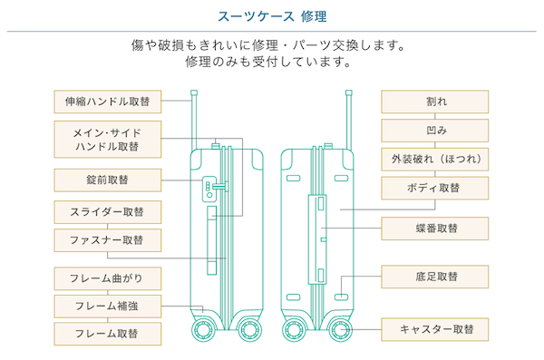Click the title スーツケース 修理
(272, 16)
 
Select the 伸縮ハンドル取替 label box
(108, 102)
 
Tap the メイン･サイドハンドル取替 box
(108, 140)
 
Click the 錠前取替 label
(108, 180)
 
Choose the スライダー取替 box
(108, 212)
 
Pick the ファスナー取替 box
(108, 240)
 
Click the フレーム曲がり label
(108, 278)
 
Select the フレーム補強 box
(108, 306)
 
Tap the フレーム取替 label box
(108, 334)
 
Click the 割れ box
(434, 102)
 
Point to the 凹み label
(434, 131)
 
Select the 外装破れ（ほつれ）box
(434, 160)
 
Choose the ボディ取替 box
(434, 188)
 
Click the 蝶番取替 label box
(434, 229)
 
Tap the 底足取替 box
(434, 277)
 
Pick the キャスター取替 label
(434, 329)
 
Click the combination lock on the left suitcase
(209, 189)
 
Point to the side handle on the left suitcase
(211, 240)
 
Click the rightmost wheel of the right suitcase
(340, 329)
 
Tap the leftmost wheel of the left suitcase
(204, 329)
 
